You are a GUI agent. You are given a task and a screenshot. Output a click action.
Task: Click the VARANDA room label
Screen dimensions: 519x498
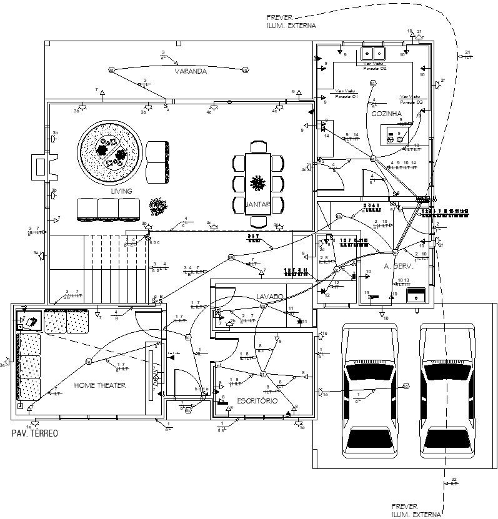191,72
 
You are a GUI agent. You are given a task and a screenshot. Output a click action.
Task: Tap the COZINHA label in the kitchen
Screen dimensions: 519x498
386,114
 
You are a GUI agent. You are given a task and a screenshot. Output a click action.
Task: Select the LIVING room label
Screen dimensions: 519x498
122,191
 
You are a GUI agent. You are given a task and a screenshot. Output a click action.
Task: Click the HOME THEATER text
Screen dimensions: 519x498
100,385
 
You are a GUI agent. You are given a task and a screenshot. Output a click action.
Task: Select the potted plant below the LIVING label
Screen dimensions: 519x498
158,206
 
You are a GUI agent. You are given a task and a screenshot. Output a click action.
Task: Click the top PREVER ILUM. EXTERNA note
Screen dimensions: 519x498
291,22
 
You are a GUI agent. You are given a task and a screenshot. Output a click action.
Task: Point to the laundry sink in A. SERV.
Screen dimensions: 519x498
416,295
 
